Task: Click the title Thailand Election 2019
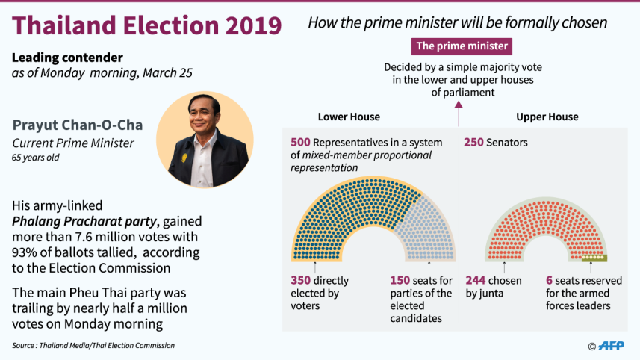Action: (x=147, y=25)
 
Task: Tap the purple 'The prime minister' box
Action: (x=462, y=46)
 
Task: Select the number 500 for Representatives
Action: (x=300, y=142)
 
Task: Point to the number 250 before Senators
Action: (x=474, y=142)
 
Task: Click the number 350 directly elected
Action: (x=301, y=281)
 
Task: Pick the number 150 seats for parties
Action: (x=400, y=281)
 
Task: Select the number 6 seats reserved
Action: (x=550, y=281)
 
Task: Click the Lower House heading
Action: (x=349, y=117)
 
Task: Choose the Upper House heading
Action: (x=547, y=117)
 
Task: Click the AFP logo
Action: (x=612, y=345)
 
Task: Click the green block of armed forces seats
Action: (x=595, y=258)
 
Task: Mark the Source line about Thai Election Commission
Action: (x=93, y=345)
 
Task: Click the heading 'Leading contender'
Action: (x=67, y=58)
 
